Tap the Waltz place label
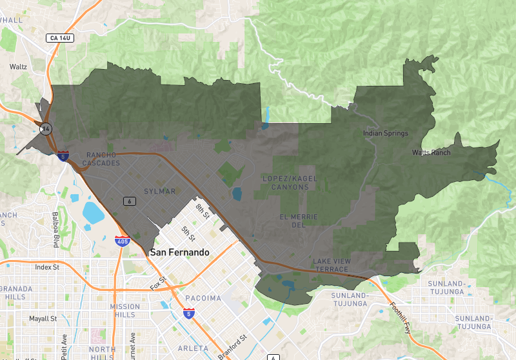[18, 66]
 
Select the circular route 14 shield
[46, 129]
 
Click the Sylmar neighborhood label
[159, 192]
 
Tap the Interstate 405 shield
[121, 241]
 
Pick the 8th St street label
[204, 210]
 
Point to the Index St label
[47, 266]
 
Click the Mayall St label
[43, 319]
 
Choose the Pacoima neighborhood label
[203, 298]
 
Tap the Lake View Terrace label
[331, 265]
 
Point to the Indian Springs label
[386, 134]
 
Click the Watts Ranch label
[432, 153]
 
